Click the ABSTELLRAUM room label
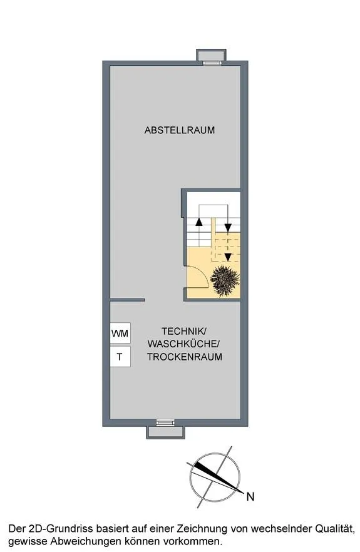(179, 130)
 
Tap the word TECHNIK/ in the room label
(183, 331)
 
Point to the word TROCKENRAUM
(185, 357)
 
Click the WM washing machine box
(120, 333)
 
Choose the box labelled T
(120, 357)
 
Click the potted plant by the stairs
(225, 281)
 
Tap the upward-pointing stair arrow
(199, 222)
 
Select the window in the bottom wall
(165, 422)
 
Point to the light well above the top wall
(211, 55)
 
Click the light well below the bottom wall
(165, 432)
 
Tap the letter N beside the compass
(250, 497)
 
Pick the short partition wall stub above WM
(128, 300)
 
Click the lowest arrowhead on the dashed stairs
(228, 257)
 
